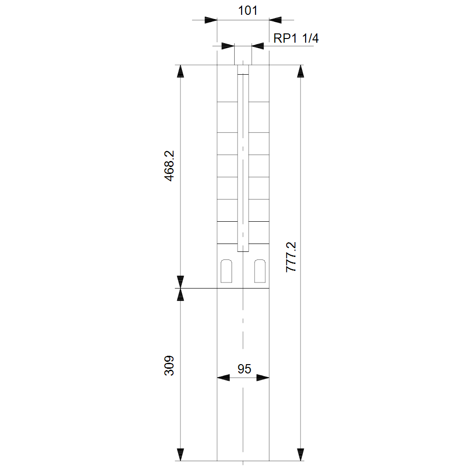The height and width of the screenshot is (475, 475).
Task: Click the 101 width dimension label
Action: tap(248, 11)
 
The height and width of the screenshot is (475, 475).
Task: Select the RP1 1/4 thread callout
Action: tap(296, 38)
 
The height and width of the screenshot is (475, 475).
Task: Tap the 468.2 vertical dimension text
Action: tap(169, 166)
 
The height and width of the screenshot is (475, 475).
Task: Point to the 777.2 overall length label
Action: tap(291, 257)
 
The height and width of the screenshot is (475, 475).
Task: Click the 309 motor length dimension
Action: tap(169, 366)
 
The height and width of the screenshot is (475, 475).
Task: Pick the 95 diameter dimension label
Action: tap(244, 369)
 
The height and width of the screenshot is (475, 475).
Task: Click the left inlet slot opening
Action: tap(226, 271)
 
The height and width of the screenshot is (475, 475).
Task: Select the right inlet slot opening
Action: tap(260, 271)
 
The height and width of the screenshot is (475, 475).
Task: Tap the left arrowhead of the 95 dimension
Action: tap(223, 378)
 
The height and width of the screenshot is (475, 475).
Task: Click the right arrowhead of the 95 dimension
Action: tap(263, 378)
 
